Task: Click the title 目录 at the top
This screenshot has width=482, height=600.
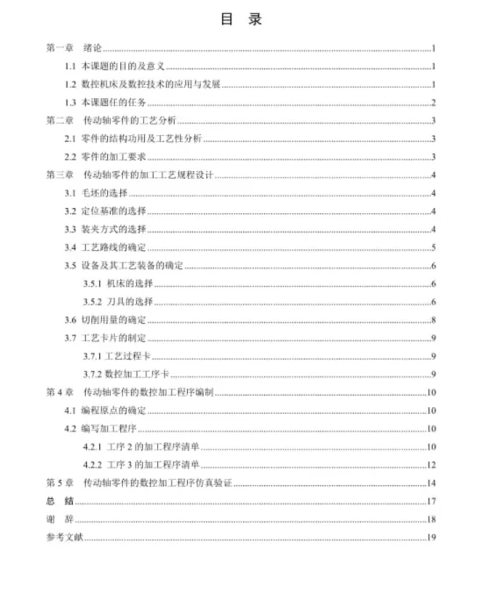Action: pos(240,19)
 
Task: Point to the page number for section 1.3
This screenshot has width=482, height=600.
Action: pos(434,103)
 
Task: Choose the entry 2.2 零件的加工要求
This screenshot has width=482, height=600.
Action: pos(110,157)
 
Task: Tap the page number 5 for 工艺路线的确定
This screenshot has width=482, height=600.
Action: pos(434,247)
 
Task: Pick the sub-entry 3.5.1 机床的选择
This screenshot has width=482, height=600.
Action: pos(119,283)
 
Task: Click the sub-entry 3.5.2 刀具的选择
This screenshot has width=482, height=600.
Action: pos(119,302)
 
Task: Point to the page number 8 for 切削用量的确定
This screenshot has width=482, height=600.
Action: pos(434,319)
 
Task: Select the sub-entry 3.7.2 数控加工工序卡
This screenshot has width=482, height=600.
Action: pos(129,374)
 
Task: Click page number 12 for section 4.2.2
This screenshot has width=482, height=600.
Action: pos(431,464)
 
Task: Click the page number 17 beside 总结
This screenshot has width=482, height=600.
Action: pos(431,501)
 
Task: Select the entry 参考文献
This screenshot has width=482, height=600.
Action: pos(64,537)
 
